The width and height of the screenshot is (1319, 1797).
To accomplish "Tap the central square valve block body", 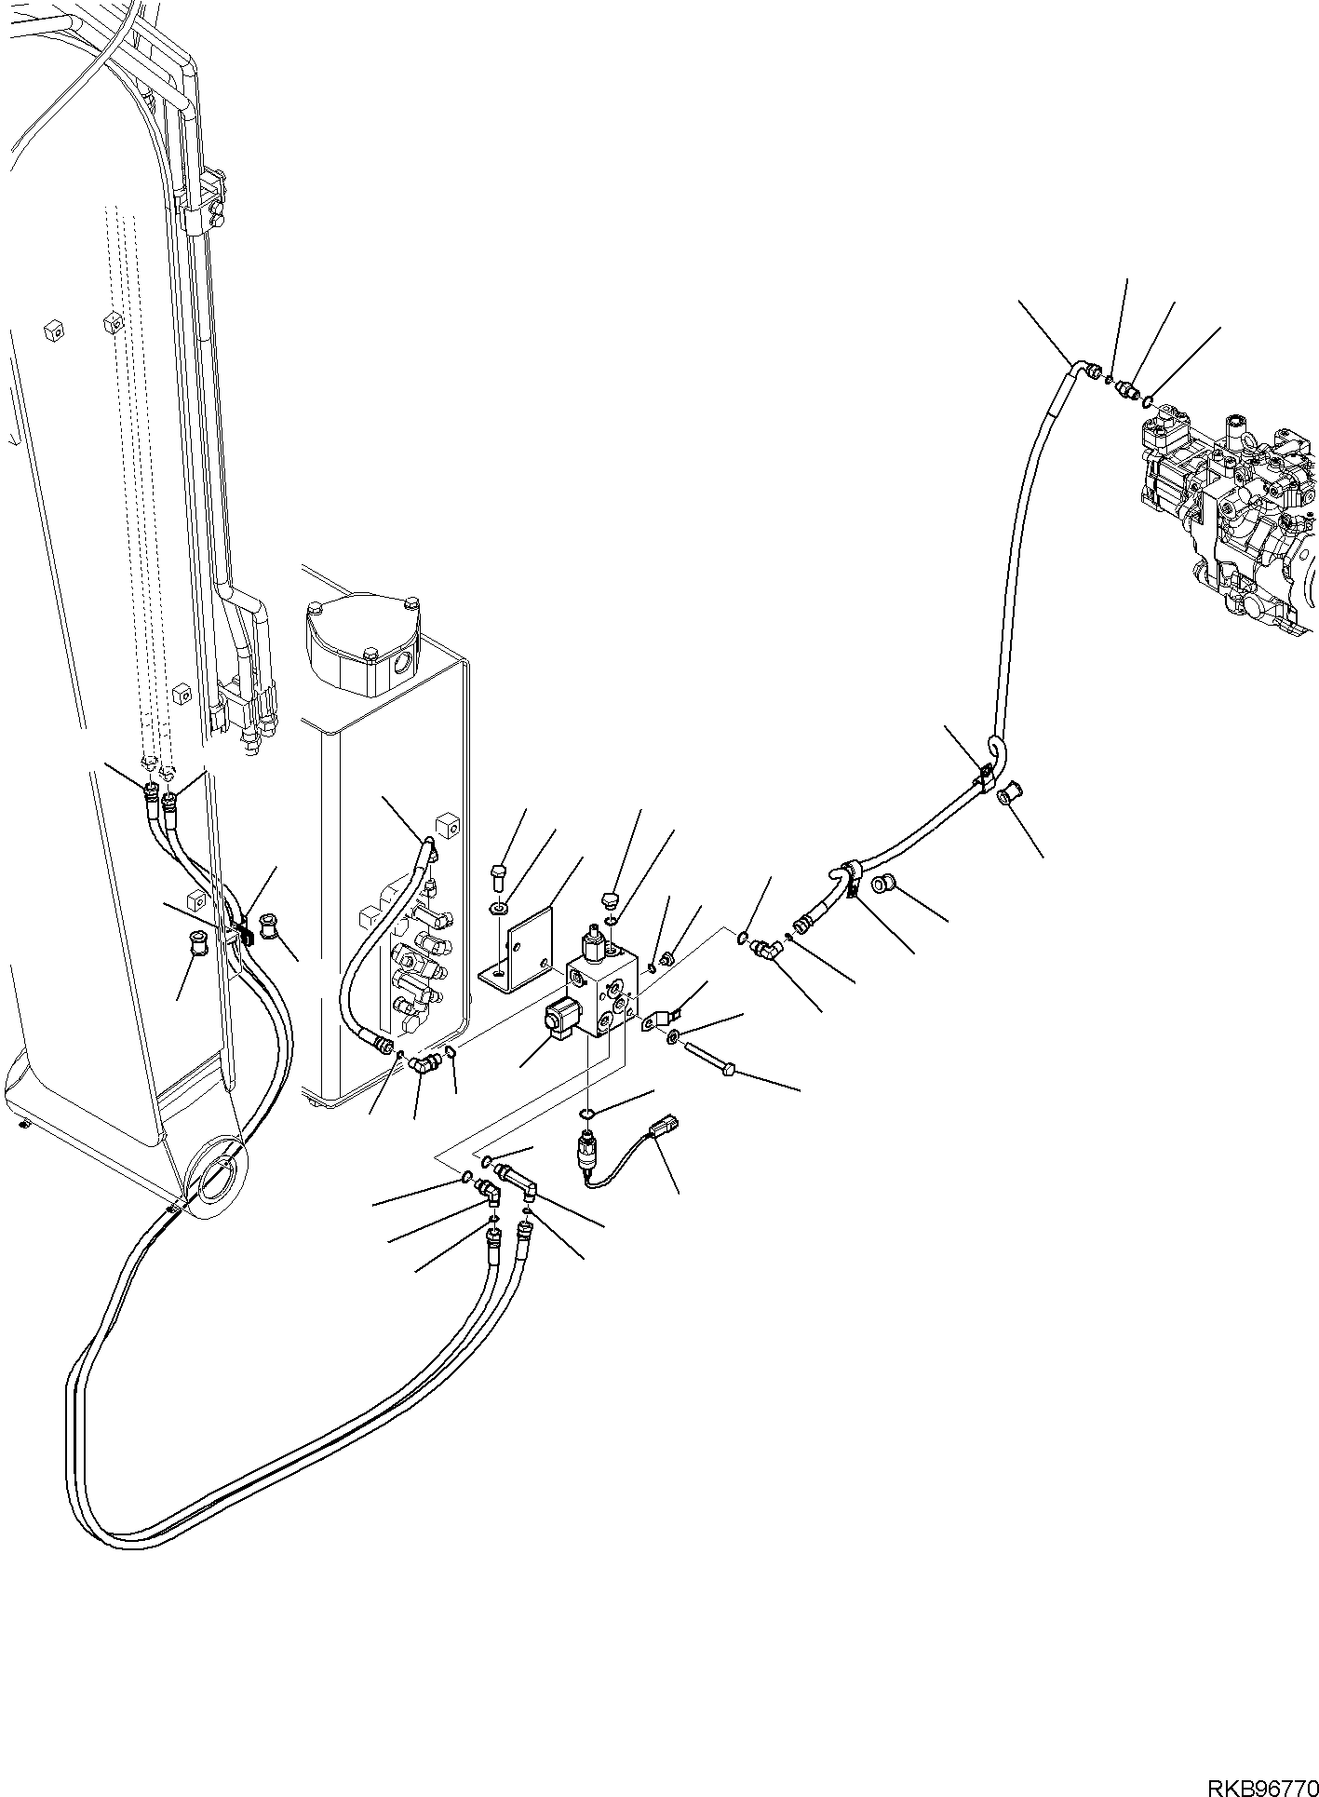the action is pos(602,994).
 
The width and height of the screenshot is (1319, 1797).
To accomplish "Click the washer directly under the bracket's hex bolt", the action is pos(501,906).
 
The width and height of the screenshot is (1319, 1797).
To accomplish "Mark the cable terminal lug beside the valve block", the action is pos(664,1015).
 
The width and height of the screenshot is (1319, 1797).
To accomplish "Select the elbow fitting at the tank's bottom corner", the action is pos(424,1061).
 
